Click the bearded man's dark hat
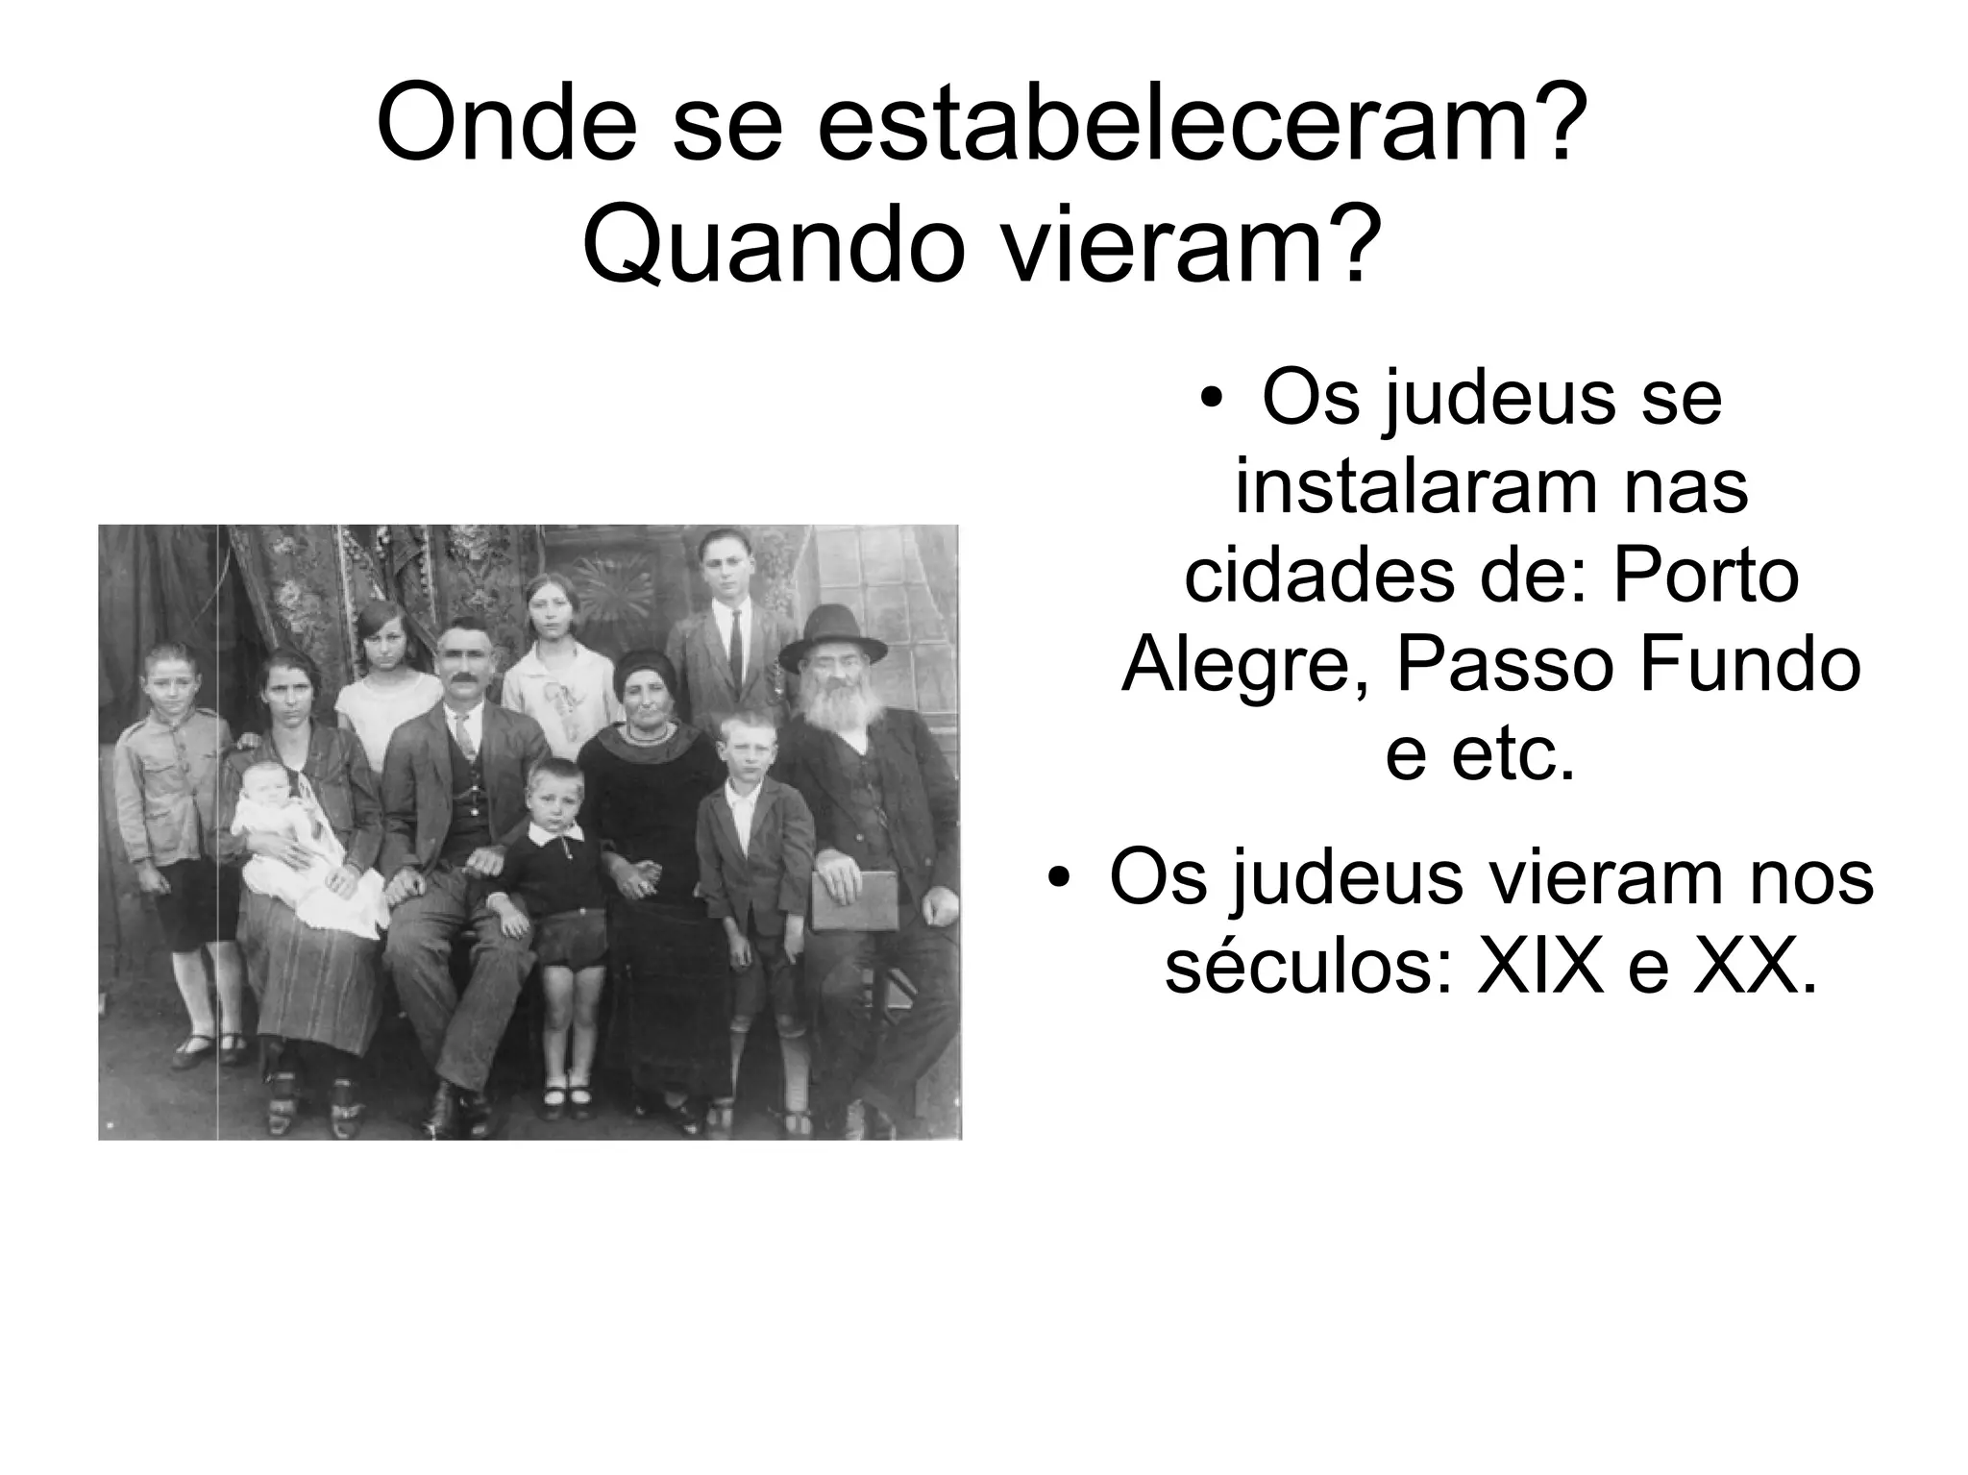click(x=832, y=634)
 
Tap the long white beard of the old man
click(x=844, y=709)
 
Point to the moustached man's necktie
click(x=465, y=736)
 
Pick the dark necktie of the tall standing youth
click(x=735, y=646)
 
